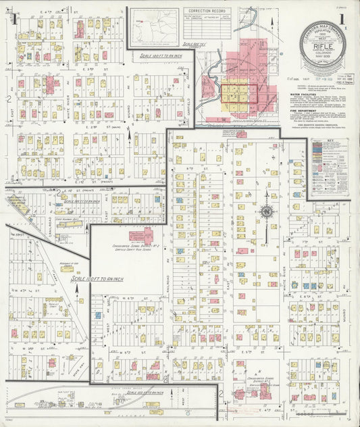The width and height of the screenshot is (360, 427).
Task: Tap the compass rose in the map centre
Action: click(x=267, y=213)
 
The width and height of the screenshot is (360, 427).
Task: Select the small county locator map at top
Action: click(x=154, y=26)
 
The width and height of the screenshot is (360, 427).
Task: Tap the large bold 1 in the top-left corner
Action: click(x=14, y=18)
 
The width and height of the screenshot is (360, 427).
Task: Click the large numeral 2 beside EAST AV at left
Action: click(x=8, y=99)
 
